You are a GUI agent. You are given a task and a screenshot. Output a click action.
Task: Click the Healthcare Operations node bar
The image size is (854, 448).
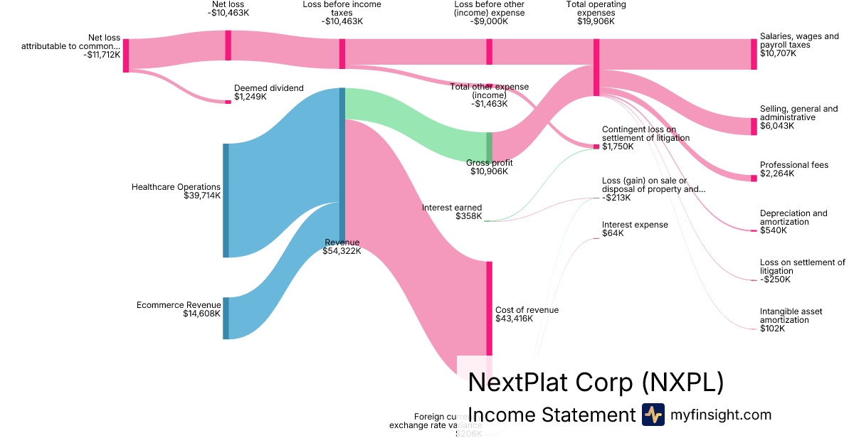[226, 200]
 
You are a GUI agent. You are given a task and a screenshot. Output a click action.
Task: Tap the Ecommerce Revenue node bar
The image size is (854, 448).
[226, 318]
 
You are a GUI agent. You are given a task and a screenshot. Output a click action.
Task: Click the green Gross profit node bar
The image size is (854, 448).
[490, 146]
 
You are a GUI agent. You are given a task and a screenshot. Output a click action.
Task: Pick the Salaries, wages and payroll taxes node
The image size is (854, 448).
[754, 54]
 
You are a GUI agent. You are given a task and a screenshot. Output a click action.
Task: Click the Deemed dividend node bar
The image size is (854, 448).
[228, 102]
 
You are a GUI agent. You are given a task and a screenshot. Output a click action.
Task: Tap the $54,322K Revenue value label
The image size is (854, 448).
[342, 251]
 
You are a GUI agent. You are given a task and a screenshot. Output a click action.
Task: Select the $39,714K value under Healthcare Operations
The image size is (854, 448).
[201, 196]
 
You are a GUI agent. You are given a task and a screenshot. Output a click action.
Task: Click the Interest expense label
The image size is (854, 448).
[635, 225]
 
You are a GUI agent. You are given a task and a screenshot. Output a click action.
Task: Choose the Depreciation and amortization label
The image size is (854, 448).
[794, 218]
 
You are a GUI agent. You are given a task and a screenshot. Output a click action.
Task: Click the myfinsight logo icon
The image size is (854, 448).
[653, 415]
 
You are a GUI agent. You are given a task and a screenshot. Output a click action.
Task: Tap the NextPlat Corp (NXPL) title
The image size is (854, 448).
[596, 383]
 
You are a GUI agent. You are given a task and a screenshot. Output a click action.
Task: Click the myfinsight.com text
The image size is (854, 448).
[721, 415]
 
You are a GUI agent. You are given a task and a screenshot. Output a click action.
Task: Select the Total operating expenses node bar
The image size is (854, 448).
[596, 68]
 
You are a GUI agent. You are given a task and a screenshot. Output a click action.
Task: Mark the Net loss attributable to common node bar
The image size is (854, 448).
[126, 55]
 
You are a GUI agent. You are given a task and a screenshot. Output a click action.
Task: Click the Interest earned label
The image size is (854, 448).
[452, 208]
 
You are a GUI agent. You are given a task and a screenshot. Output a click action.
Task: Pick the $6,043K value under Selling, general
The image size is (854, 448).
[777, 126]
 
